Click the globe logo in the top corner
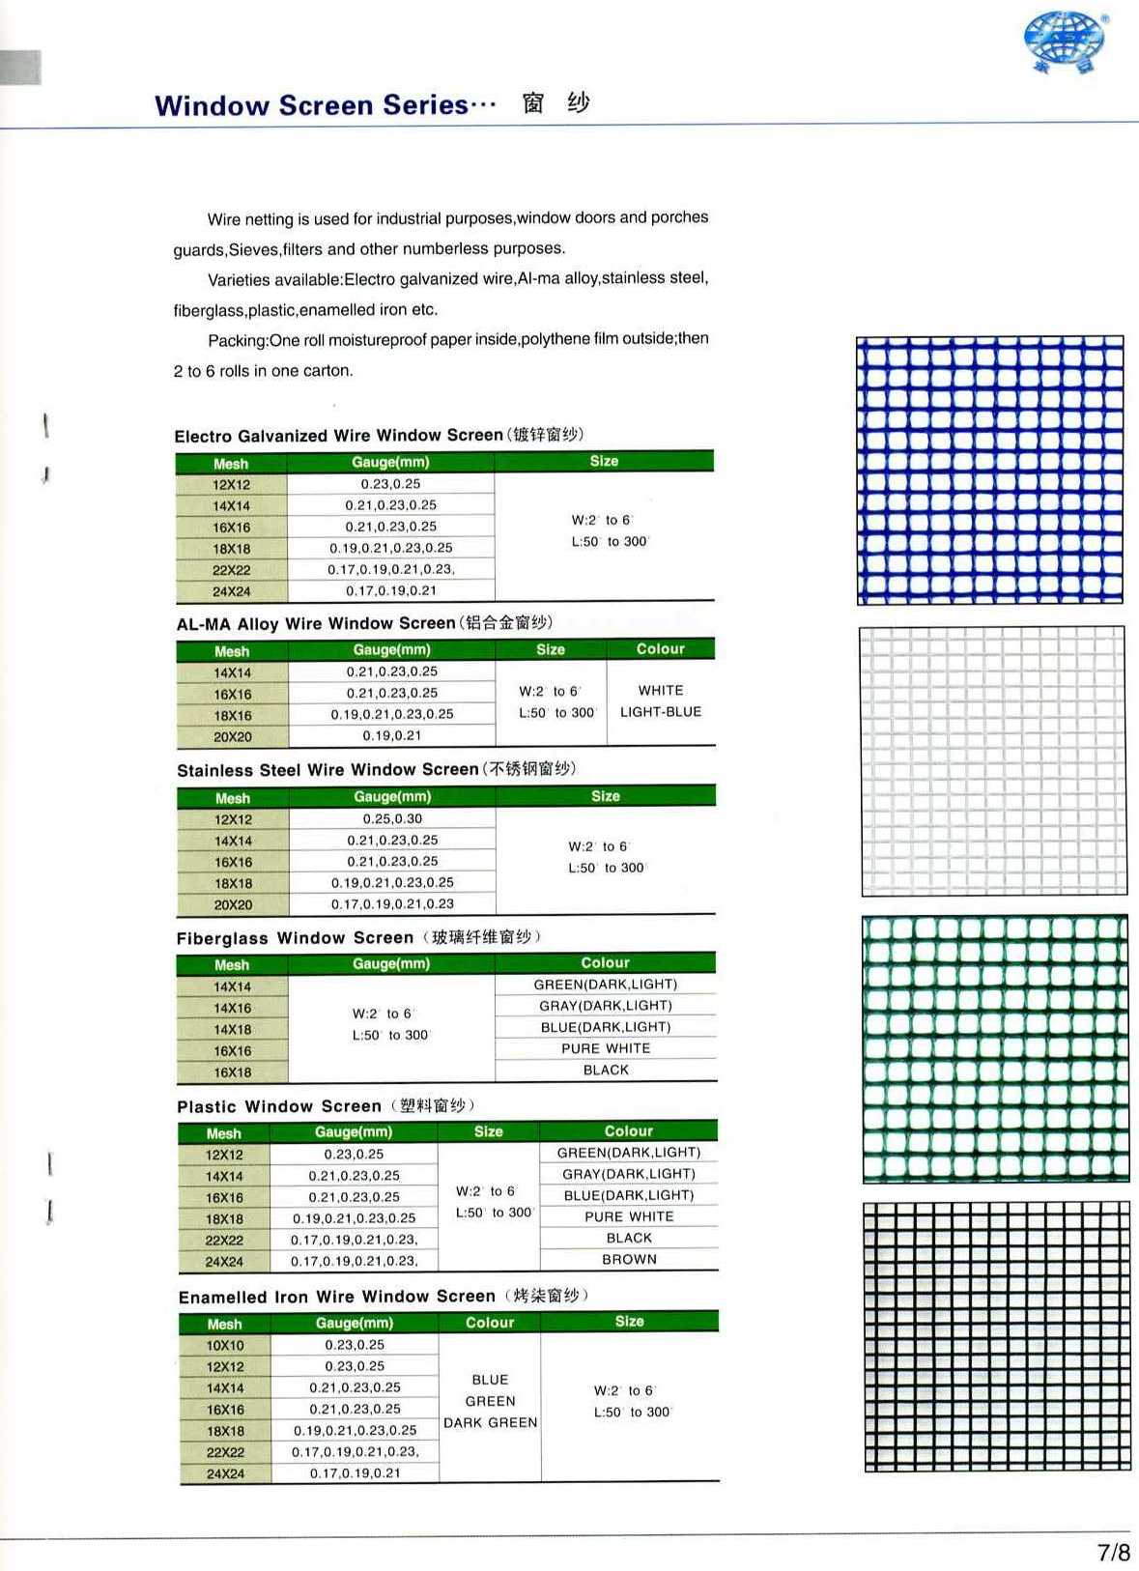1065,41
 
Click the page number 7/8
1113,1552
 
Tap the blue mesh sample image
990,470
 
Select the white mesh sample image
992,760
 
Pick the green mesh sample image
994,1047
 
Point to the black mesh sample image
996,1335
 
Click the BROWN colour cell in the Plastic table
629,1259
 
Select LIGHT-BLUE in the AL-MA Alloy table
661,712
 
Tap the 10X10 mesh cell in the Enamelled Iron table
225,1345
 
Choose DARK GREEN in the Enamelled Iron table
490,1422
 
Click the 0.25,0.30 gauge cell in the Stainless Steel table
392,818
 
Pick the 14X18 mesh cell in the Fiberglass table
232,1029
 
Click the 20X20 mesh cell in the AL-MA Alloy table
233,736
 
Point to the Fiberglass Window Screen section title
295,937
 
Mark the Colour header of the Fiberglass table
605,962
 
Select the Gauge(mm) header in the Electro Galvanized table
390,462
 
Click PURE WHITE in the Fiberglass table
606,1048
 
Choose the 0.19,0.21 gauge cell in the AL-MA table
392,735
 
